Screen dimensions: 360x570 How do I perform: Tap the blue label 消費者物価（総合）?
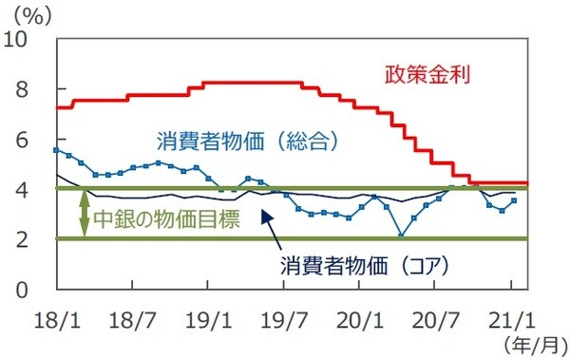248,142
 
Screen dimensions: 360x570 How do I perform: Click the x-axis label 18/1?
57,318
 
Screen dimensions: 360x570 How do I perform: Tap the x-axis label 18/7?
134,318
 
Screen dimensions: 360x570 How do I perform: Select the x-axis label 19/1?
209,318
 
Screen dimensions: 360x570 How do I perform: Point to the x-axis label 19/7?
285,318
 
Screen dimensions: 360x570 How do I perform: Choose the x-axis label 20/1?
361,318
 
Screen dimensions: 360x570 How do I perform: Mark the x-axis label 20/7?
437,318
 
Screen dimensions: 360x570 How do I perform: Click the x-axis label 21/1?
512,318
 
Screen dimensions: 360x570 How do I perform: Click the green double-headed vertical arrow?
84,214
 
